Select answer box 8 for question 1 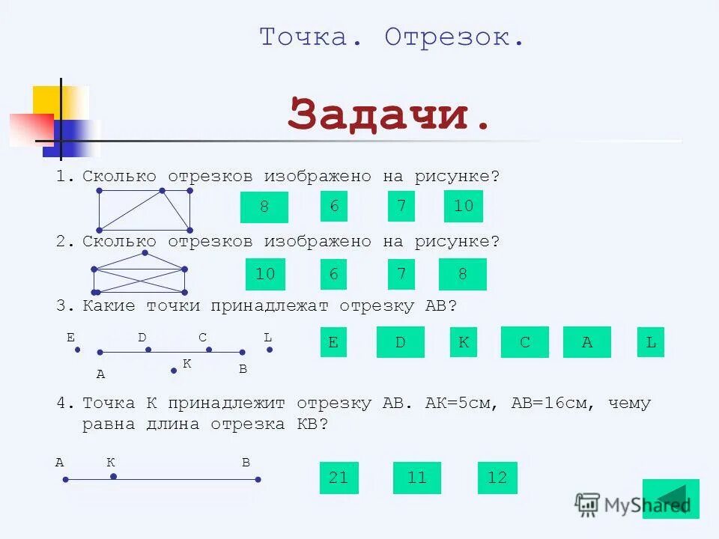[x=264, y=207]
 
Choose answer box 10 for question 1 [x=463, y=206]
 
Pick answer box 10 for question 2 [x=265, y=275]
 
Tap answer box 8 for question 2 [x=462, y=274]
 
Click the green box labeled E [x=333, y=342]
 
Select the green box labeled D [x=400, y=342]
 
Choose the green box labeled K [x=464, y=342]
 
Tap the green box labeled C [x=525, y=342]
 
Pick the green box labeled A [x=586, y=342]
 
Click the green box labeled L [x=650, y=342]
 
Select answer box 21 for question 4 [x=339, y=478]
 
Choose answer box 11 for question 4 [x=416, y=478]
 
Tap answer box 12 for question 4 [x=497, y=478]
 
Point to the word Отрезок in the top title [x=454, y=37]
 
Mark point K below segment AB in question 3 [x=174, y=371]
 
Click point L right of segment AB [x=270, y=349]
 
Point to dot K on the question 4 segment [x=113, y=476]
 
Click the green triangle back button [x=672, y=499]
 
